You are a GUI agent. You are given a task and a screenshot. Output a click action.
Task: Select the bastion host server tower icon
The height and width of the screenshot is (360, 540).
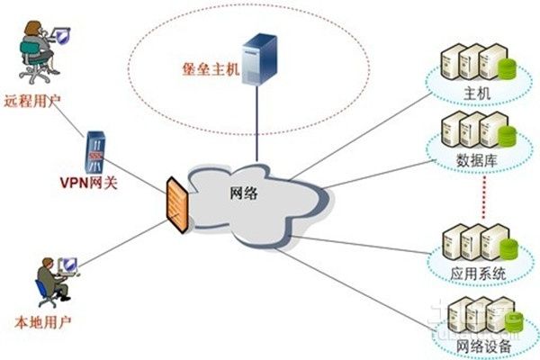(261, 55)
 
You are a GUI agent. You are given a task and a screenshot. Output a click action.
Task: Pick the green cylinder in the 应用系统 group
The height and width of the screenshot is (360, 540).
(505, 244)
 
